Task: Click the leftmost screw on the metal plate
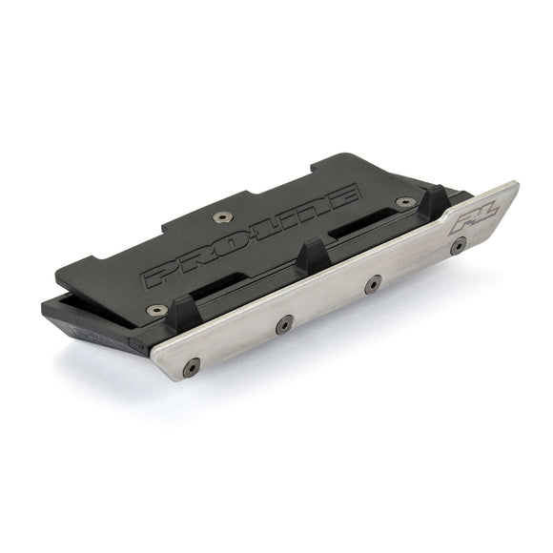pyautogui.click(x=193, y=364)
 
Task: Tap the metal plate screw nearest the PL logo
pyautogui.click(x=459, y=245)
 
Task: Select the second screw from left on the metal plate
pyautogui.click(x=283, y=324)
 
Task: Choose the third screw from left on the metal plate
pyautogui.click(x=373, y=283)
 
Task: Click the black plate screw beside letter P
pyautogui.click(x=152, y=310)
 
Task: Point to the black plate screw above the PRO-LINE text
pyautogui.click(x=222, y=217)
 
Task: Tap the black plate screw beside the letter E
pyautogui.click(x=405, y=202)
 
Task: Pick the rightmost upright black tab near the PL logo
pyautogui.click(x=434, y=202)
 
